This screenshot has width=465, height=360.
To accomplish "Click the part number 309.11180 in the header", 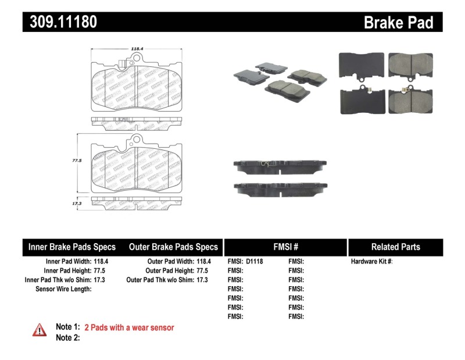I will click(x=60, y=22).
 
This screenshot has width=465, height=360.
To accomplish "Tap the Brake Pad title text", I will click(x=398, y=22).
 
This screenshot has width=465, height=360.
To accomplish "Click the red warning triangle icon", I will click(x=39, y=330).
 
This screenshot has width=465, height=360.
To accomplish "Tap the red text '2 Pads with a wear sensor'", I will click(x=129, y=327).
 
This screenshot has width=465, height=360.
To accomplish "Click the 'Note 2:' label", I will click(x=67, y=337).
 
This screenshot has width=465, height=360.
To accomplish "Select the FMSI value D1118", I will click(x=255, y=262).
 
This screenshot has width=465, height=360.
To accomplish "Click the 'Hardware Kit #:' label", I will click(x=371, y=262).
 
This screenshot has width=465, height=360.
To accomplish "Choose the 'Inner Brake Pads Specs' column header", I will click(x=72, y=247).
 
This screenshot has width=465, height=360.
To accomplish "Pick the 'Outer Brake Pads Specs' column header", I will click(x=173, y=247).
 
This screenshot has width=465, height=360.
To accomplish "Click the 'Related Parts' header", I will click(x=395, y=247).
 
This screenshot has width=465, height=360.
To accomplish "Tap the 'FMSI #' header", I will click(x=285, y=247).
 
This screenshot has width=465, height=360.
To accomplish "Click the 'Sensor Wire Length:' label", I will click(x=63, y=288).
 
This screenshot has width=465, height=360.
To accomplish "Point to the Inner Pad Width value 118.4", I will click(x=101, y=262).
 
